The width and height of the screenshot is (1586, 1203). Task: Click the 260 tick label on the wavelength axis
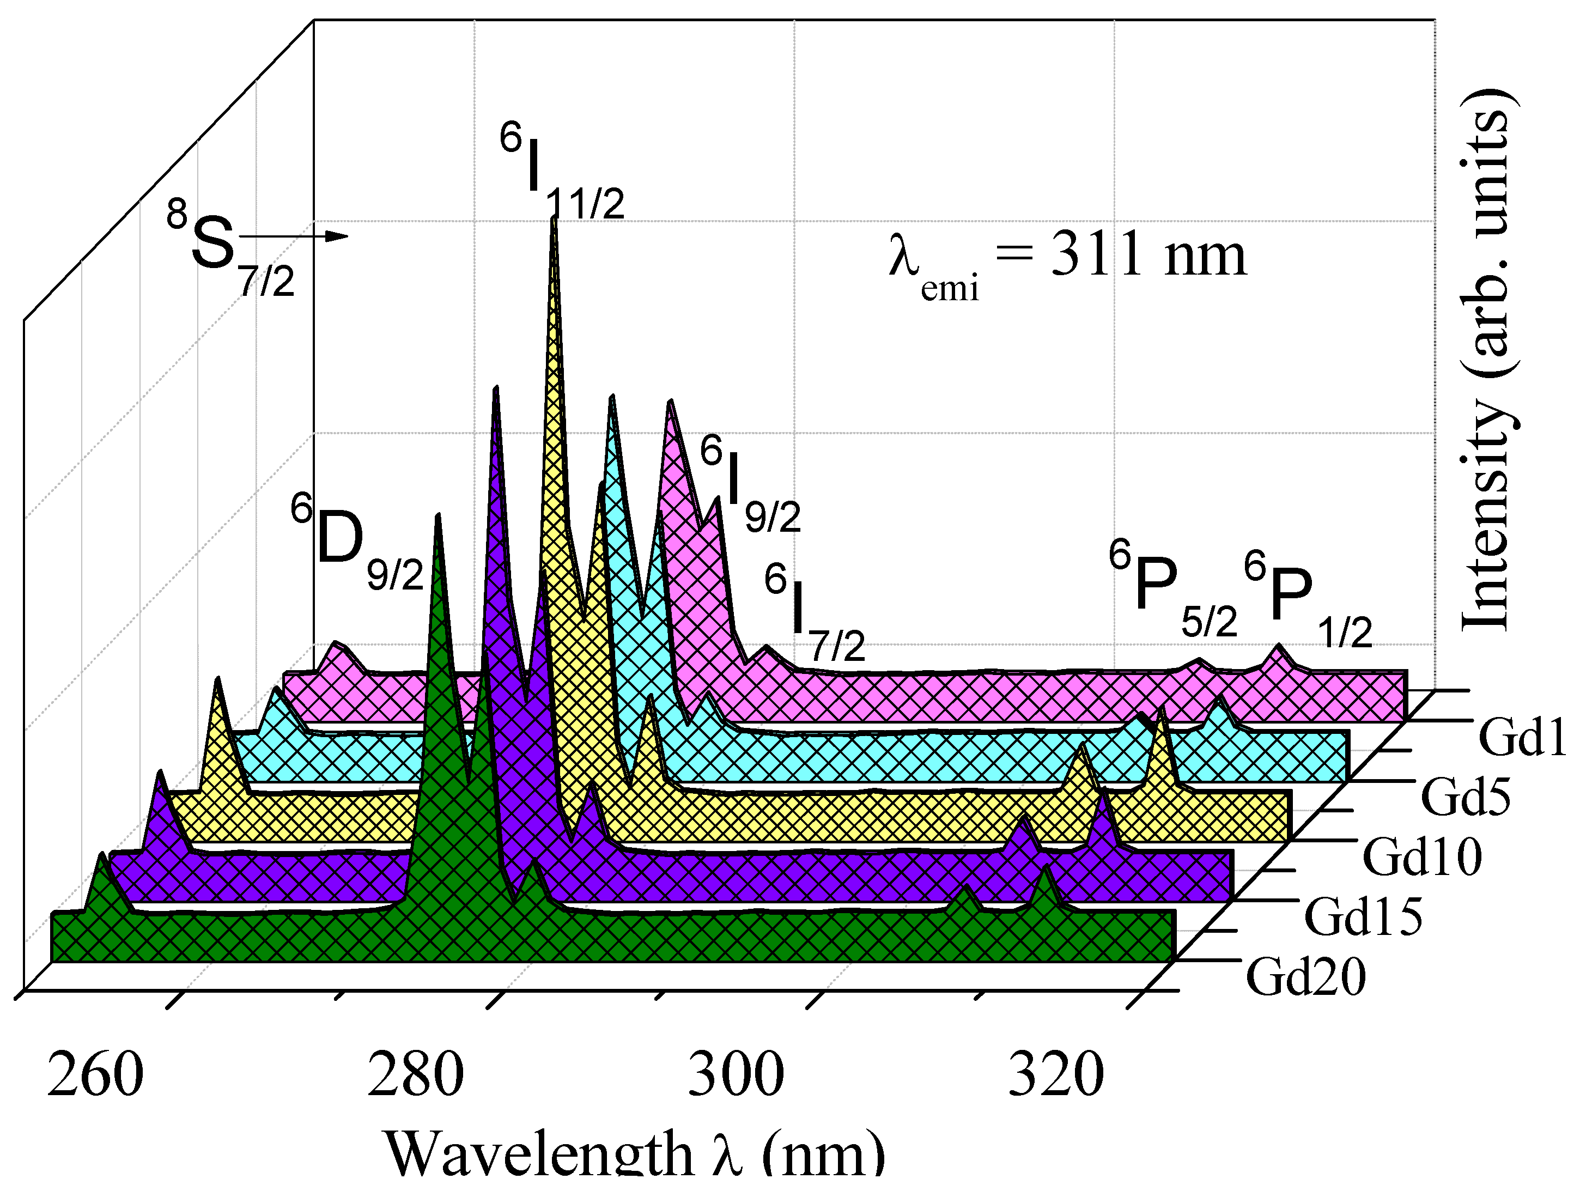click(95, 1076)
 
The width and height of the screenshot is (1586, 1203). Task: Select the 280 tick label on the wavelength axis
click(415, 1076)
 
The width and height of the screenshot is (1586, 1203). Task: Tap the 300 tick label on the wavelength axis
click(736, 1076)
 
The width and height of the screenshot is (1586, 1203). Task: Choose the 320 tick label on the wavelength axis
click(1055, 1076)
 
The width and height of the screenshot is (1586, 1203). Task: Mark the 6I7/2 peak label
click(814, 613)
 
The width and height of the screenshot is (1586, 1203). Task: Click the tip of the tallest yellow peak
click(554, 220)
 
